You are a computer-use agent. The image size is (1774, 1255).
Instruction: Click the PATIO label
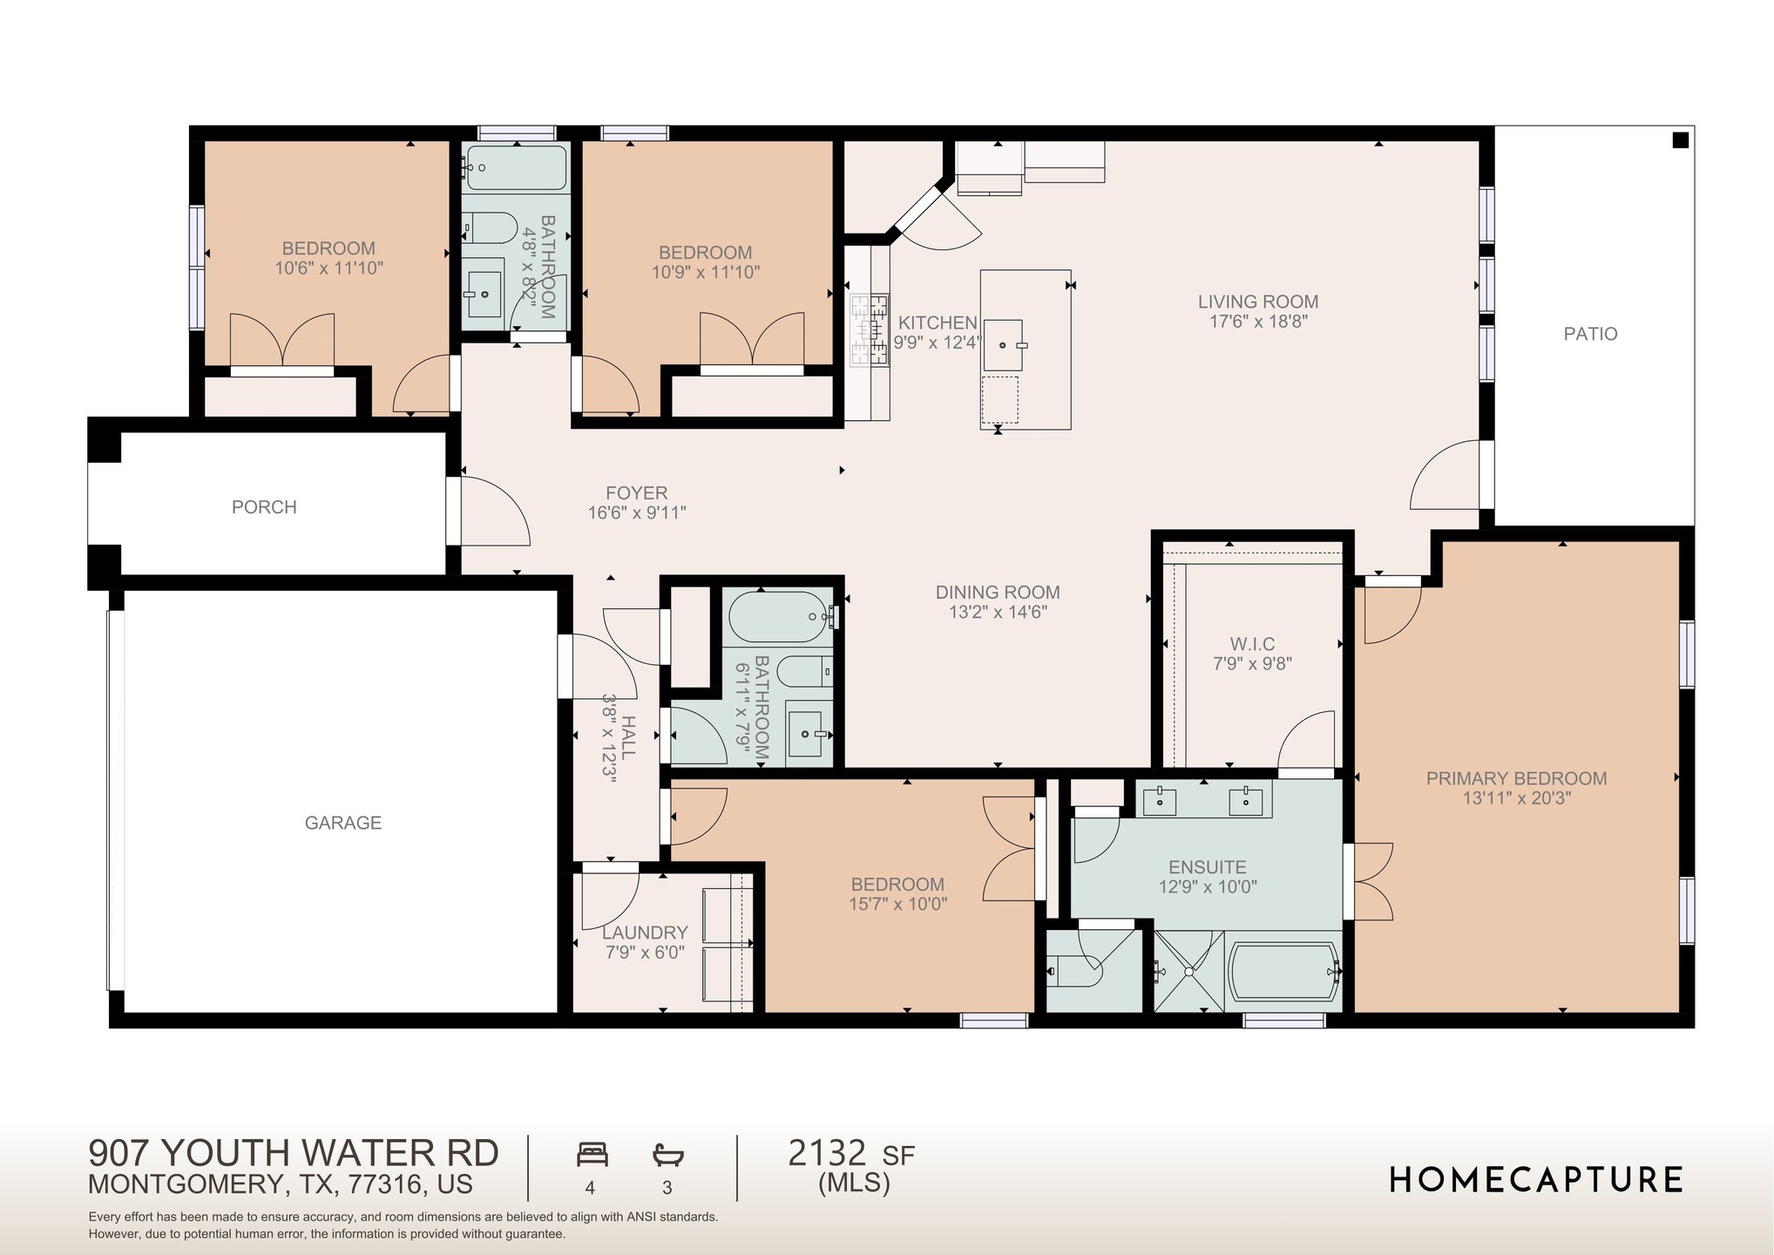pyautogui.click(x=1590, y=334)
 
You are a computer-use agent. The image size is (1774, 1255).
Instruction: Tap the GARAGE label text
pyautogui.click(x=342, y=823)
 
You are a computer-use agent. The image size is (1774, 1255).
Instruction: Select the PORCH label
pyautogui.click(x=264, y=507)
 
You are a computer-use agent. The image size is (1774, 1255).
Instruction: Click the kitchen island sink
pyautogui.click(x=1003, y=345)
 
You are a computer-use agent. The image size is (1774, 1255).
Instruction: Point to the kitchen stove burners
pyautogui.click(x=869, y=329)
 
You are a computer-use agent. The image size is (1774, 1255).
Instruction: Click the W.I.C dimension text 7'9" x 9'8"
pyautogui.click(x=1252, y=664)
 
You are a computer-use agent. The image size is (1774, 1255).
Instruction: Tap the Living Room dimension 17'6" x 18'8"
pyautogui.click(x=1258, y=322)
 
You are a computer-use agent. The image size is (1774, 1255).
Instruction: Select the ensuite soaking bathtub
pyautogui.click(x=1283, y=971)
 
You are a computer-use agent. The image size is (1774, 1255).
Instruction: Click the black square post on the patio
pyautogui.click(x=1681, y=140)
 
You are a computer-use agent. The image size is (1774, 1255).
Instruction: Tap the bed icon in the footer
pyautogui.click(x=592, y=1155)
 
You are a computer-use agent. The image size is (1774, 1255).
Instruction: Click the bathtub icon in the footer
pyautogui.click(x=668, y=1156)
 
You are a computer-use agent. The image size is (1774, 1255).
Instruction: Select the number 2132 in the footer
pyautogui.click(x=827, y=1153)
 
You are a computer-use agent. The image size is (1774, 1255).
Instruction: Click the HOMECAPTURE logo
pyautogui.click(x=1535, y=1180)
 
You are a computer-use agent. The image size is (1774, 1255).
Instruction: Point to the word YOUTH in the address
pyautogui.click(x=227, y=1153)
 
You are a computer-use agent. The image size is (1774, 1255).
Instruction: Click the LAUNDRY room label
pyautogui.click(x=645, y=933)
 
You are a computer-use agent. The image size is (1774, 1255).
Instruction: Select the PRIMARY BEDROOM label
pyautogui.click(x=1516, y=778)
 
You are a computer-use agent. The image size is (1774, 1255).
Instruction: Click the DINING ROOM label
pyautogui.click(x=998, y=593)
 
